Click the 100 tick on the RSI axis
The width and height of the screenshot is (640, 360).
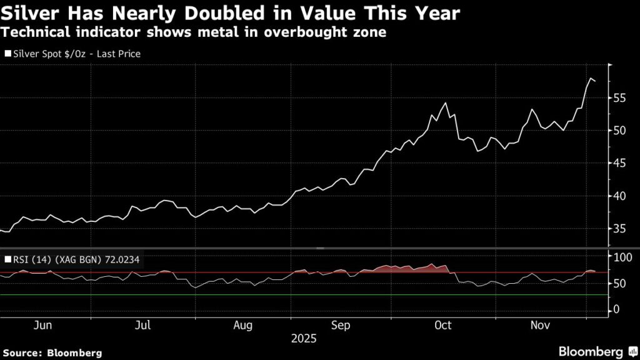[x=624, y=257]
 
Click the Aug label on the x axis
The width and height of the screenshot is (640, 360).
[x=242, y=326]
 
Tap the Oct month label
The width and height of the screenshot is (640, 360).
[x=442, y=326]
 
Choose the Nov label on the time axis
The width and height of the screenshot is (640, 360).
[x=539, y=326]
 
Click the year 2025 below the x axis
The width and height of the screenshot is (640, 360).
[x=304, y=339]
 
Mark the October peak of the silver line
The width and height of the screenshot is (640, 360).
[x=445, y=103]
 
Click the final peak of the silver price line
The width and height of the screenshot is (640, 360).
[x=591, y=78]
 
